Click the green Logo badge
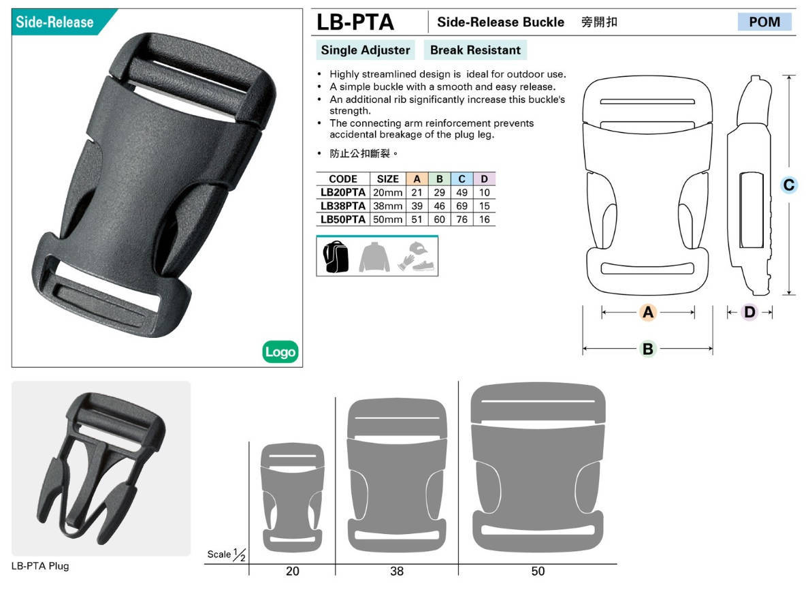click(280, 351)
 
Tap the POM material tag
click(764, 22)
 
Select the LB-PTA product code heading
click(355, 22)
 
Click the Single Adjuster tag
click(366, 50)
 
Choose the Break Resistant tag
click(475, 50)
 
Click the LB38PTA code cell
click(342, 206)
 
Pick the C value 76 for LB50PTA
click(462, 219)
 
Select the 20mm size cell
click(387, 192)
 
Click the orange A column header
click(417, 179)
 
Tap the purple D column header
click(485, 179)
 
